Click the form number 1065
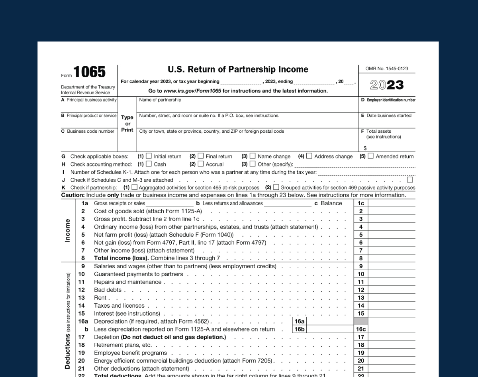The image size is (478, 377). click(90, 72)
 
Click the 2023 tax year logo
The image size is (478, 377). click(386, 85)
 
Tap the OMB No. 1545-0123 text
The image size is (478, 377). click(386, 69)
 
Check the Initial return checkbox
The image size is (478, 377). click(149, 156)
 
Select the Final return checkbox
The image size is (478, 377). click(201, 156)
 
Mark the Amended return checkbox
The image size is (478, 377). click(370, 156)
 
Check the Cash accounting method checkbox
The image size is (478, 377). click(149, 164)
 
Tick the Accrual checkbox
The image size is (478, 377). click(201, 164)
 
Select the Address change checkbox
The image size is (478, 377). click(309, 156)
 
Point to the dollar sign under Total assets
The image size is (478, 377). click(365, 148)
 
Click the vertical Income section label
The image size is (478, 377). click(68, 230)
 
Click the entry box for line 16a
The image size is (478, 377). click(330, 321)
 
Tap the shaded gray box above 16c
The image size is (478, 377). click(361, 321)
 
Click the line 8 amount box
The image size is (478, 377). click(392, 258)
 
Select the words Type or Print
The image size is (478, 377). click(127, 124)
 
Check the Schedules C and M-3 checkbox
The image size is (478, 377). click(410, 180)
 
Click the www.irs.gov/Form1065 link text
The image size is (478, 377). click(192, 91)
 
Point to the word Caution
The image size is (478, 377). click(72, 195)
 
